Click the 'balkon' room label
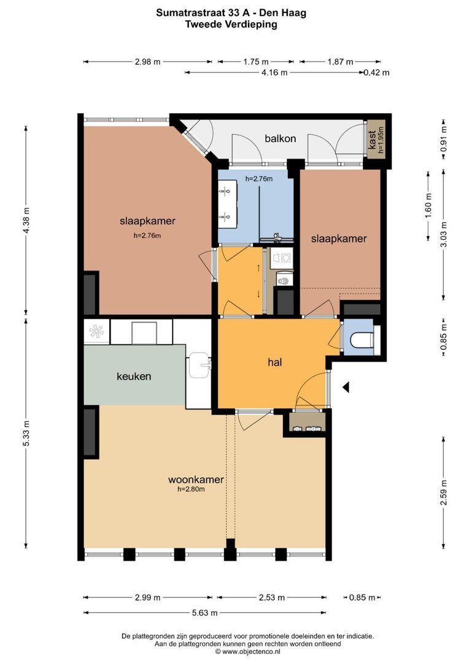click(280, 138)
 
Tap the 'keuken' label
click(134, 376)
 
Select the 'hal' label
click(275, 362)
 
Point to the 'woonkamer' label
click(196, 480)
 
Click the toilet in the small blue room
click(363, 340)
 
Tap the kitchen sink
click(200, 365)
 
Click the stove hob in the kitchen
click(97, 331)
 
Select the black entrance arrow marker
click(346, 387)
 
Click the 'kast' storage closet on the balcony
click(376, 140)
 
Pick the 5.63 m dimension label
click(204, 613)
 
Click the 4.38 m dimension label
click(26, 220)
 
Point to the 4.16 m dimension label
click(274, 73)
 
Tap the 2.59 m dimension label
click(443, 492)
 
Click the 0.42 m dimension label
click(376, 73)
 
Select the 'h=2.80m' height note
click(191, 489)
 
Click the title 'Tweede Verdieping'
click(231, 24)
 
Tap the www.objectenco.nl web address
click(247, 652)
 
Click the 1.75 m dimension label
click(256, 62)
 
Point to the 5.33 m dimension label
click(26, 433)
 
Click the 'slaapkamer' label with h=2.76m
click(147, 221)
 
